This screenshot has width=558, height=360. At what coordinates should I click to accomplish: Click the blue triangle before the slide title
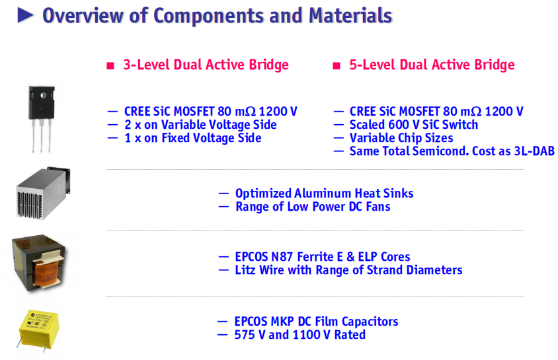pyautogui.click(x=25, y=16)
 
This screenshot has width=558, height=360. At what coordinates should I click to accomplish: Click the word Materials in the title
pyautogui.click(x=350, y=16)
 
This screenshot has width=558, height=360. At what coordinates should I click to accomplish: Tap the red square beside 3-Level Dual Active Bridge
pyautogui.click(x=110, y=66)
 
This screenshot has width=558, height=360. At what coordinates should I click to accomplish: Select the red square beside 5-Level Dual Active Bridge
pyautogui.click(x=337, y=66)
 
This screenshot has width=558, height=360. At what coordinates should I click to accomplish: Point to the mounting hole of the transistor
pyautogui.click(x=43, y=95)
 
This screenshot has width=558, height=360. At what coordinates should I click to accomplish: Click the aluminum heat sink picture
pyautogui.click(x=43, y=193)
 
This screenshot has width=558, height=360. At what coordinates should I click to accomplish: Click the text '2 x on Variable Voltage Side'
pyautogui.click(x=200, y=125)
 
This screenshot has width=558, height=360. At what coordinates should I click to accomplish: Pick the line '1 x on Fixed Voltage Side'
pyautogui.click(x=193, y=138)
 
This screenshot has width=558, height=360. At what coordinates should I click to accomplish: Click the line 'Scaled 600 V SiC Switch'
pyautogui.click(x=413, y=125)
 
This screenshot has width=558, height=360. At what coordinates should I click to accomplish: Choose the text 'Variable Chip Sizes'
pyautogui.click(x=401, y=138)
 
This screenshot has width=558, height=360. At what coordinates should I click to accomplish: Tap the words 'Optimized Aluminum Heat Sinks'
pyautogui.click(x=324, y=194)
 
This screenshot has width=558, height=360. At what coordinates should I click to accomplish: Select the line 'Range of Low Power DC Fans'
pyautogui.click(x=313, y=207)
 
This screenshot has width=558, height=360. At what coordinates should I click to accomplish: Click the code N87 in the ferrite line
pyautogui.click(x=282, y=256)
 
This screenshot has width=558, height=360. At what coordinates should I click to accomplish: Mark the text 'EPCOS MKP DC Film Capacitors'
pyautogui.click(x=316, y=322)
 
